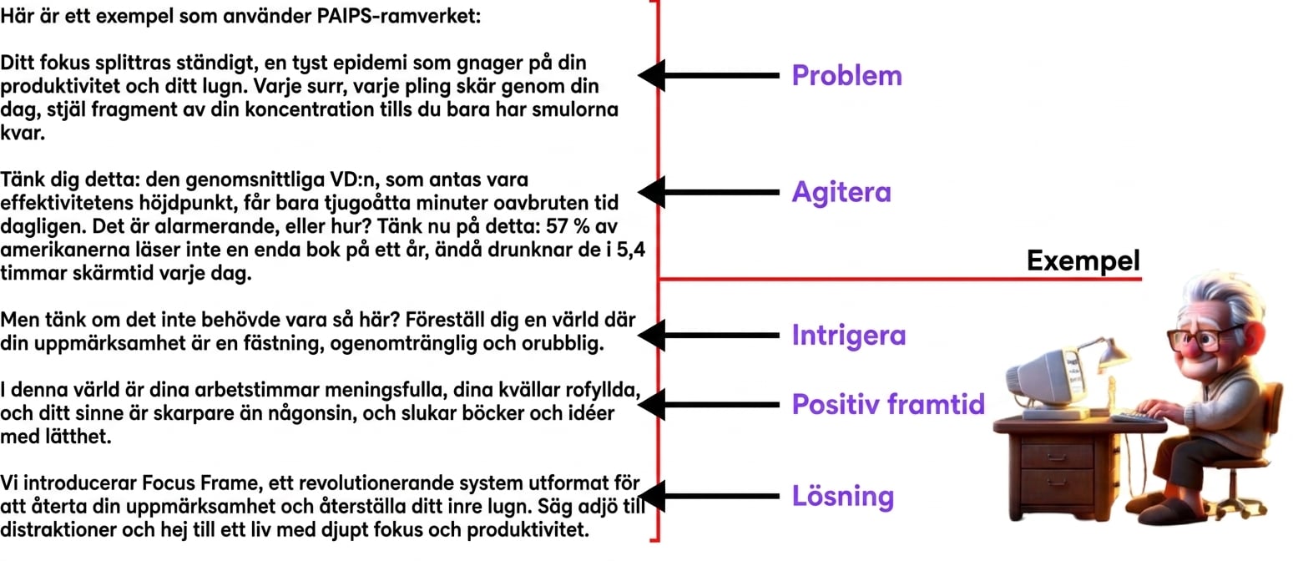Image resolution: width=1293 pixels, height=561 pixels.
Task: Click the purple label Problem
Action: click(846, 76)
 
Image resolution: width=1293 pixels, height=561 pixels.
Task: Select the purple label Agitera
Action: click(841, 192)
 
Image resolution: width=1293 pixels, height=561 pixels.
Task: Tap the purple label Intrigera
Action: click(849, 336)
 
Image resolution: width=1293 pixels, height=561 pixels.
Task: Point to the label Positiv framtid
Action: click(888, 404)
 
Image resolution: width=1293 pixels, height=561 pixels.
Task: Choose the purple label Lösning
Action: click(843, 496)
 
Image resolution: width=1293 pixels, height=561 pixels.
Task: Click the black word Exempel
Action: click(1083, 260)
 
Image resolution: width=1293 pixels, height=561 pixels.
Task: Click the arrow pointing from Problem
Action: click(708, 76)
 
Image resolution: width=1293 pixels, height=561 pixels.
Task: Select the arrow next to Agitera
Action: click(708, 192)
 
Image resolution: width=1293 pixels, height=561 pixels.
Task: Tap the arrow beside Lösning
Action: click(708, 496)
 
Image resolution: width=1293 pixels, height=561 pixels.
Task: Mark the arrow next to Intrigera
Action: click(708, 336)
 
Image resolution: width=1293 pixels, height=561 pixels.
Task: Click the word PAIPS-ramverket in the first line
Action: click(398, 16)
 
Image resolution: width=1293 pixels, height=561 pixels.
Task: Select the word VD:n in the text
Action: click(355, 179)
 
